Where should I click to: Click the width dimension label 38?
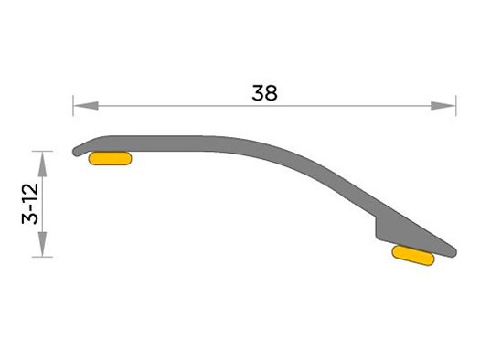[x=264, y=93]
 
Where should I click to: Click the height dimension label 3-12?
[x=30, y=204]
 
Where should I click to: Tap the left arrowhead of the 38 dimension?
[x=86, y=106]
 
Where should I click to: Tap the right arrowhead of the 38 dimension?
[x=443, y=106]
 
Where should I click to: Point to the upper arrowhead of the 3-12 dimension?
[x=43, y=164]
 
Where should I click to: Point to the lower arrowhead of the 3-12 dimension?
[x=43, y=244]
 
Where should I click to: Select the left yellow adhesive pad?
[x=110, y=158]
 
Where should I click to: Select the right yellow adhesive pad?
[x=413, y=256]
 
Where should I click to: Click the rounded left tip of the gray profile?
[x=75, y=152]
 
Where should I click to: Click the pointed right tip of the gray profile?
[x=455, y=253]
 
